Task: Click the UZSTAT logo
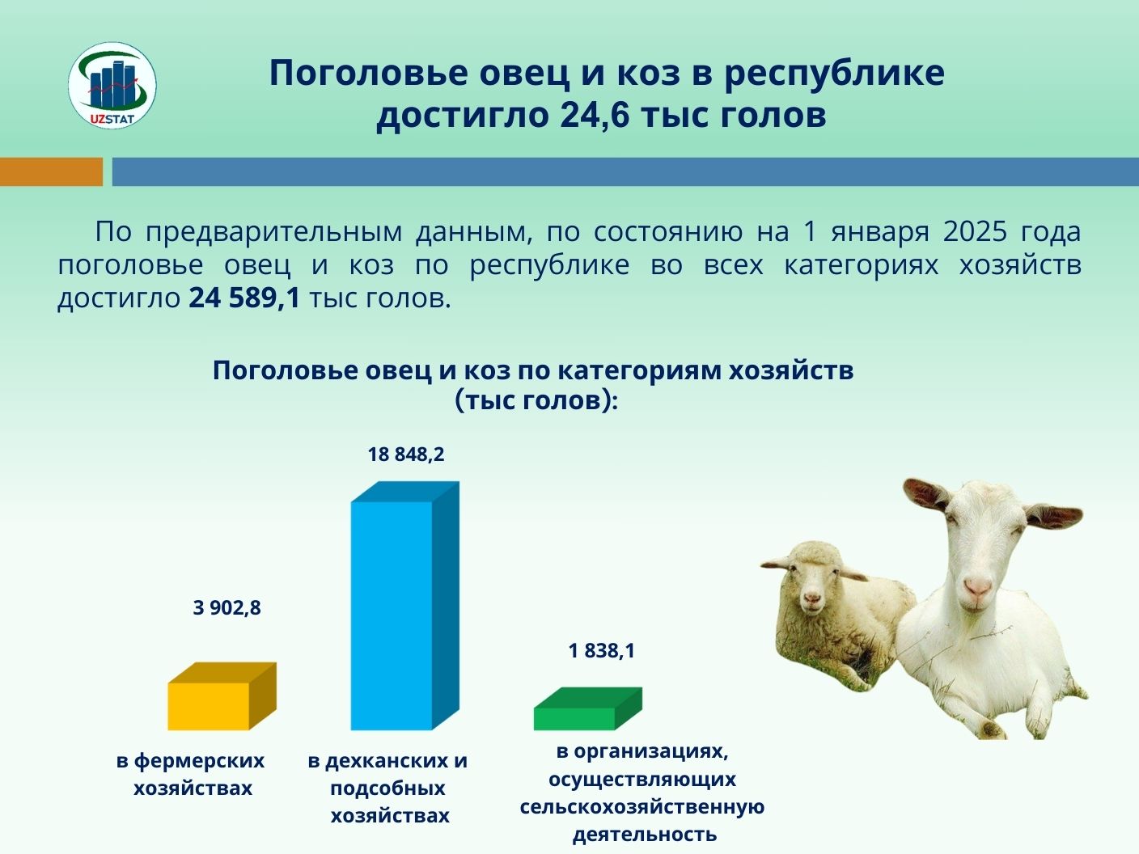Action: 112,86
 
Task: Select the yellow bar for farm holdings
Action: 222,696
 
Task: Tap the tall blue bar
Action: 404,606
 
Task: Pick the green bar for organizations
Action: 588,708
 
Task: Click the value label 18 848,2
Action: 406,454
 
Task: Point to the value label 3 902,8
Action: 227,607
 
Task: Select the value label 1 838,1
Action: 602,651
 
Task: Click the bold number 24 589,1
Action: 244,298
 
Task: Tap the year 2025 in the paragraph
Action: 976,232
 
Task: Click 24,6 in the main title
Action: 595,115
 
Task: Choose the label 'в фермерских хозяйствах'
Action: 191,775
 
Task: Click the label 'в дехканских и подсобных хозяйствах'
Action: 388,788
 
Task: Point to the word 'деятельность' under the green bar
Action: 645,835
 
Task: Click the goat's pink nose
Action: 977,586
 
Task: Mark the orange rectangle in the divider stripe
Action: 52,171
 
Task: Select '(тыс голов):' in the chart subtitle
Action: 536,401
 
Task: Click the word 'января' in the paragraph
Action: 879,233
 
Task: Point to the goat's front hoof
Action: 990,729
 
